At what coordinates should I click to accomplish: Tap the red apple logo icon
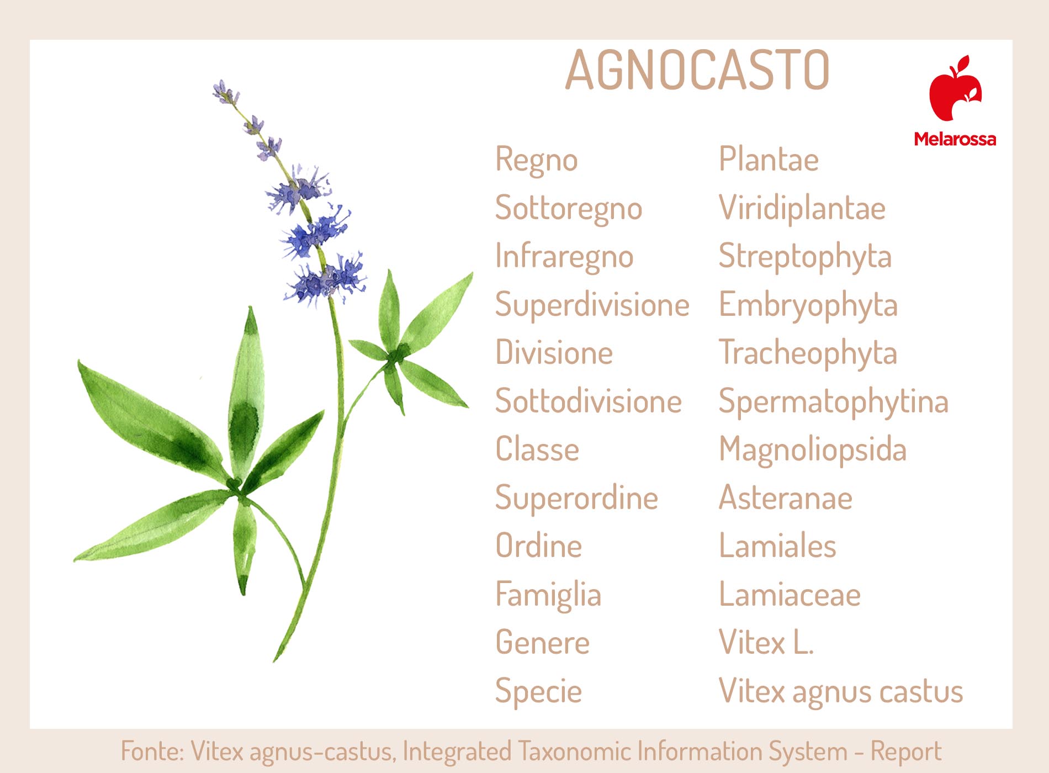click(x=955, y=88)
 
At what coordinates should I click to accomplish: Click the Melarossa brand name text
click(x=955, y=139)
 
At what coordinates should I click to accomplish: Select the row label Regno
click(x=536, y=161)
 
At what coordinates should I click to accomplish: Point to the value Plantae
click(x=769, y=160)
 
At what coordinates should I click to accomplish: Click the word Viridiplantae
click(x=802, y=208)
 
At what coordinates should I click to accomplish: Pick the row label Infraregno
click(x=564, y=257)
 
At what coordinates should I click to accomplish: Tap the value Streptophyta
click(x=805, y=257)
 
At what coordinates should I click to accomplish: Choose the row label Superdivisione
click(x=592, y=305)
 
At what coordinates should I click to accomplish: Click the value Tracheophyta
click(x=808, y=354)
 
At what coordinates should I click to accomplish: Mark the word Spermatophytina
click(x=834, y=402)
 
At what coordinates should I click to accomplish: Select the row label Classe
click(x=537, y=449)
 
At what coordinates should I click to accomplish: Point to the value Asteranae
click(x=786, y=498)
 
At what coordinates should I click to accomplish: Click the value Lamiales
click(x=777, y=546)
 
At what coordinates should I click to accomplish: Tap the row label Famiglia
click(x=548, y=595)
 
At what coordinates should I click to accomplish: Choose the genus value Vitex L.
click(x=766, y=643)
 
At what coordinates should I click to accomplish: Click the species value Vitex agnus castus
click(x=841, y=692)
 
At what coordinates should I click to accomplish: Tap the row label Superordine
click(x=576, y=499)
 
